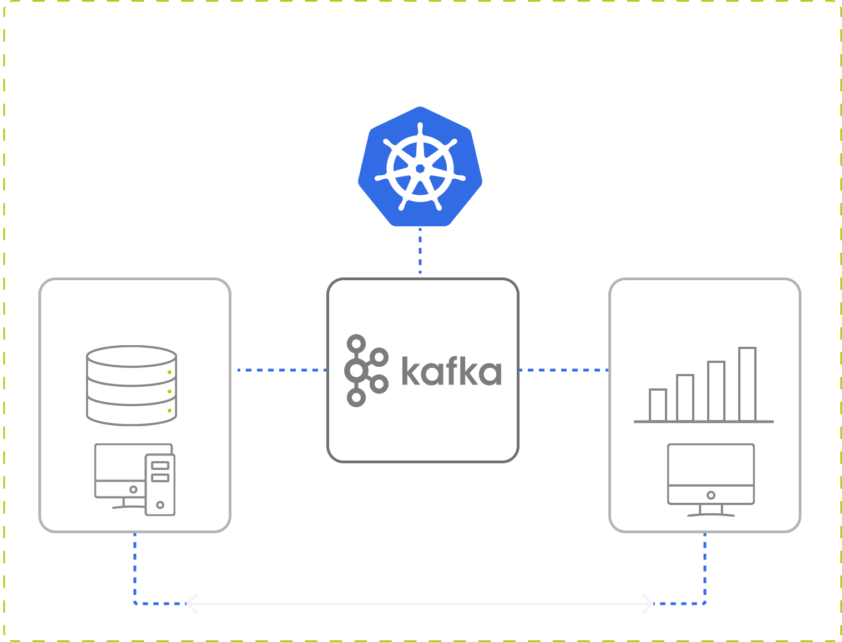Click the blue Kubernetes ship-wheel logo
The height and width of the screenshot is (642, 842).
[x=420, y=167]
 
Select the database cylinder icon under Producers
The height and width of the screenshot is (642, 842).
[x=132, y=385]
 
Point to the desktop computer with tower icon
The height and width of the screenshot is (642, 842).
[x=135, y=479]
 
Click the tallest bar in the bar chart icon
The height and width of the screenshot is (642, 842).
[x=747, y=384]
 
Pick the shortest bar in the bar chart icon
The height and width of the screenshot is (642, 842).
[x=658, y=405]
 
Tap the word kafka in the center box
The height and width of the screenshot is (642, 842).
[x=451, y=371]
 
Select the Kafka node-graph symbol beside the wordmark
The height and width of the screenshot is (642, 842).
[x=364, y=371]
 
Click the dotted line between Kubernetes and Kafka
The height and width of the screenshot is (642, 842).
[x=420, y=251]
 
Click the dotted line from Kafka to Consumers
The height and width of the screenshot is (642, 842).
[x=563, y=370]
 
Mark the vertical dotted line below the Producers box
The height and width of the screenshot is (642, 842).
[x=135, y=566]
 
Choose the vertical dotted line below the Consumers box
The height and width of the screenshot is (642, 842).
[x=705, y=566]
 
